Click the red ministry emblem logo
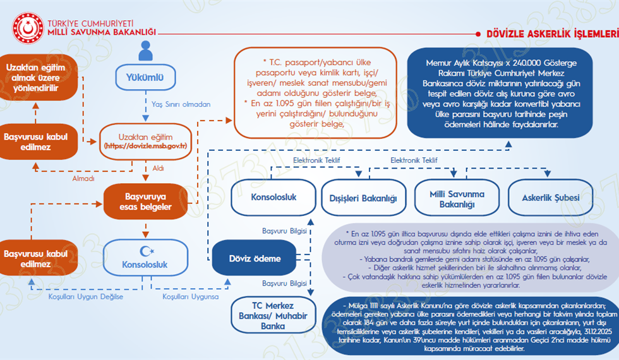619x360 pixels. pyautogui.click(x=28, y=27)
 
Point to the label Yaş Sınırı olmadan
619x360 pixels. pyautogui.click(x=181, y=104)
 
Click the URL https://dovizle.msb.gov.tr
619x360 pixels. pyautogui.click(x=145, y=146)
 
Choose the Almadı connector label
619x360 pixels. pyautogui.click(x=83, y=179)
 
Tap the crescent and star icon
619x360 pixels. pyautogui.click(x=146, y=252)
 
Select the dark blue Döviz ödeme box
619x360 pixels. pyautogui.click(x=255, y=259)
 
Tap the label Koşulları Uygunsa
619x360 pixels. pyautogui.click(x=189, y=297)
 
